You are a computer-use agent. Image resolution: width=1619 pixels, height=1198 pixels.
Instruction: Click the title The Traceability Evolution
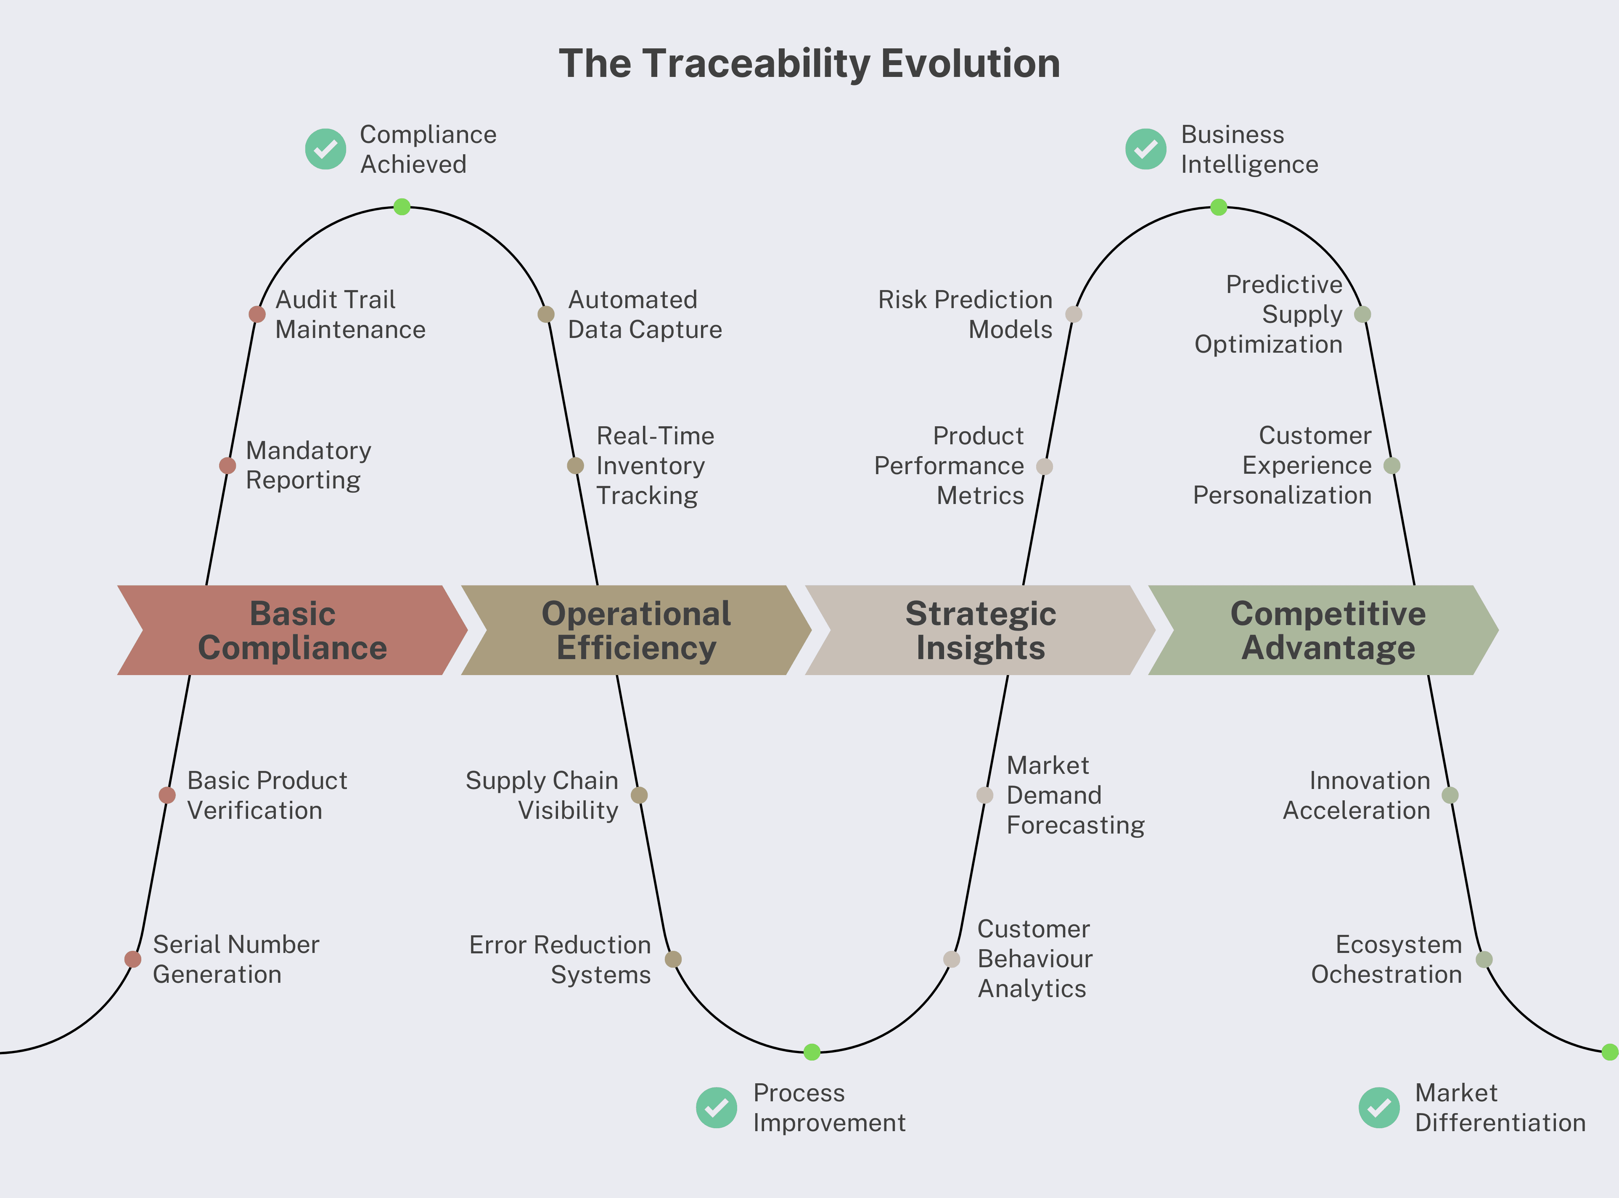(x=809, y=64)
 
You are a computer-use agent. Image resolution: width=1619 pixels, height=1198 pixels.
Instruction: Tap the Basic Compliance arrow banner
(x=292, y=630)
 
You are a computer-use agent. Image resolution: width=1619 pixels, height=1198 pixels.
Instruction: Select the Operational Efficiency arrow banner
(x=636, y=630)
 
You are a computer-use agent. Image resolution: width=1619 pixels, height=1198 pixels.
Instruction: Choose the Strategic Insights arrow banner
(x=980, y=630)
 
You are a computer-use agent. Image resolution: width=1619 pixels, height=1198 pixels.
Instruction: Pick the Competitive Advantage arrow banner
(x=1328, y=630)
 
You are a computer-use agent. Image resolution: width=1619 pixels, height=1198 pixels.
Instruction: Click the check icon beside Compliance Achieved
(x=325, y=149)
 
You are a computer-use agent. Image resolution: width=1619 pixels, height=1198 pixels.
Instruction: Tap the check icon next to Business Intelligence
(x=1146, y=149)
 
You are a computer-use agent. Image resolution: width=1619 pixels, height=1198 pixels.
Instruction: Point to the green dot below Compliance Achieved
(x=402, y=207)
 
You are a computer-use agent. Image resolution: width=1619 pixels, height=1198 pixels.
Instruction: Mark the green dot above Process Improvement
(x=812, y=1052)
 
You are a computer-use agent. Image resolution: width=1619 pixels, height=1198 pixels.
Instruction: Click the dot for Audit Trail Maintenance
(x=257, y=314)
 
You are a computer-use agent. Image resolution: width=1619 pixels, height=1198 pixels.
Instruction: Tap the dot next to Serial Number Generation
(x=133, y=959)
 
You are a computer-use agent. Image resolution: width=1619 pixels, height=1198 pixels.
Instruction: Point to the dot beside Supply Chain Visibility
(x=639, y=795)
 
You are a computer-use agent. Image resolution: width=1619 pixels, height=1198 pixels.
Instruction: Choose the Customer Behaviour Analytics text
(x=1034, y=959)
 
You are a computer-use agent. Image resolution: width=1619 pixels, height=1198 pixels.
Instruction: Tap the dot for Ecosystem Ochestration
(x=1484, y=959)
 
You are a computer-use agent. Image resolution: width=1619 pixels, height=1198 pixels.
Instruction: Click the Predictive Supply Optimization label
(x=1270, y=314)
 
